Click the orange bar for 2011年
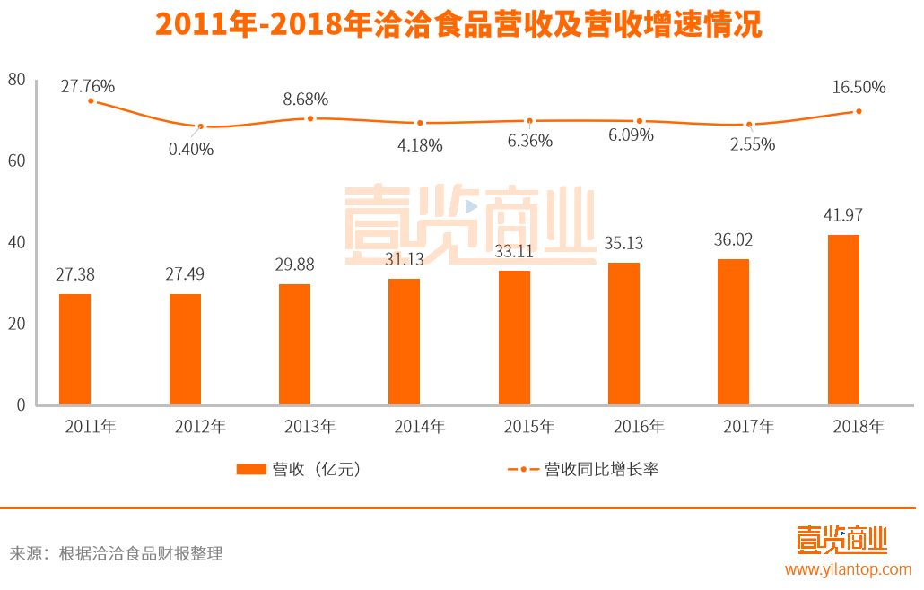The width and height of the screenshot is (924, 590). (x=75, y=349)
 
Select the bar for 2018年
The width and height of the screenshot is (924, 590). (x=843, y=319)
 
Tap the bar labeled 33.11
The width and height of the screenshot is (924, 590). (x=514, y=337)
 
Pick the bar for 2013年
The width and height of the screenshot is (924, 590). (x=294, y=344)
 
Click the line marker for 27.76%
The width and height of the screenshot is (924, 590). (x=91, y=101)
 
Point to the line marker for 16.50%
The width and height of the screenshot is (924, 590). (x=859, y=111)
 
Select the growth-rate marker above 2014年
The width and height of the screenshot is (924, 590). (x=420, y=123)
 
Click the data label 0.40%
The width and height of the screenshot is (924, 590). (x=191, y=149)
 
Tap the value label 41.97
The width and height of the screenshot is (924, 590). (x=842, y=215)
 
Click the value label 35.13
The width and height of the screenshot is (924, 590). (x=623, y=243)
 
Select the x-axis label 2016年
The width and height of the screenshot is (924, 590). (x=639, y=427)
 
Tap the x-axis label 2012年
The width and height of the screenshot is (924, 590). (x=200, y=427)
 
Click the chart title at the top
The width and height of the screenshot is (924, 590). (x=458, y=24)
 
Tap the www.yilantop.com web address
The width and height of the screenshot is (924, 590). (x=848, y=569)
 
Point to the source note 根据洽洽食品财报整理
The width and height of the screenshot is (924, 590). (x=140, y=553)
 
